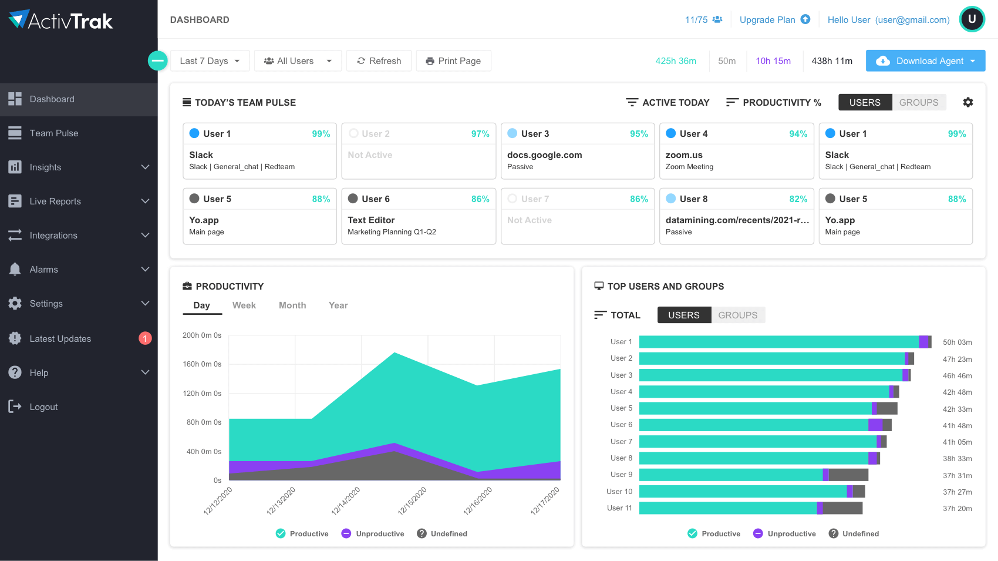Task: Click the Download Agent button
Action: click(925, 61)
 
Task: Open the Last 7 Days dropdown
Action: click(210, 61)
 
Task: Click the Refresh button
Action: click(379, 61)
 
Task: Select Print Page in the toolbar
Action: click(453, 61)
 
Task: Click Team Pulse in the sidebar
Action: click(54, 133)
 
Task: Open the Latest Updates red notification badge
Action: click(145, 338)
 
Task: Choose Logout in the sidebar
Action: click(43, 407)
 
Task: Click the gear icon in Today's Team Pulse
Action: click(968, 102)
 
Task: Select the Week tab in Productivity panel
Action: click(244, 305)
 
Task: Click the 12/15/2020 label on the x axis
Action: click(413, 500)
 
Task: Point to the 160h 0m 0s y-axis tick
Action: click(202, 364)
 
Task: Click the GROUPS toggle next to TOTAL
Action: click(737, 315)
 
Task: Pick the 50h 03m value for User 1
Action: click(957, 342)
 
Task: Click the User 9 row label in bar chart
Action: click(621, 475)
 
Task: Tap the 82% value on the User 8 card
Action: click(798, 199)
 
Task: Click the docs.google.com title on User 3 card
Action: click(544, 155)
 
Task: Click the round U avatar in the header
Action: click(972, 19)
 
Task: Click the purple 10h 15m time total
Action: click(773, 61)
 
